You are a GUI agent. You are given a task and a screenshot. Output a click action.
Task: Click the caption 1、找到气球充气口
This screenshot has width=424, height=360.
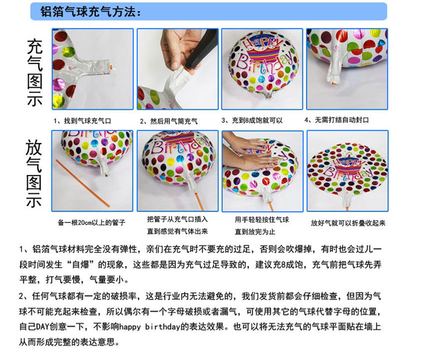tap(83, 120)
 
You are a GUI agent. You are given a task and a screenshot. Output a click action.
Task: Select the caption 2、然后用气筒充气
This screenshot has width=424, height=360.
tap(169, 121)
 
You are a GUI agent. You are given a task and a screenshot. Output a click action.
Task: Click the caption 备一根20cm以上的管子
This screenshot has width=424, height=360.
tap(91, 222)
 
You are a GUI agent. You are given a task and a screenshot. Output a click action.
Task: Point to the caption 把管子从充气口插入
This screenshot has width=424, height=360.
tap(177, 219)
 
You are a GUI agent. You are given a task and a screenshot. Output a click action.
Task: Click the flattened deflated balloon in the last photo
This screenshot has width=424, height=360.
tap(347, 170)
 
